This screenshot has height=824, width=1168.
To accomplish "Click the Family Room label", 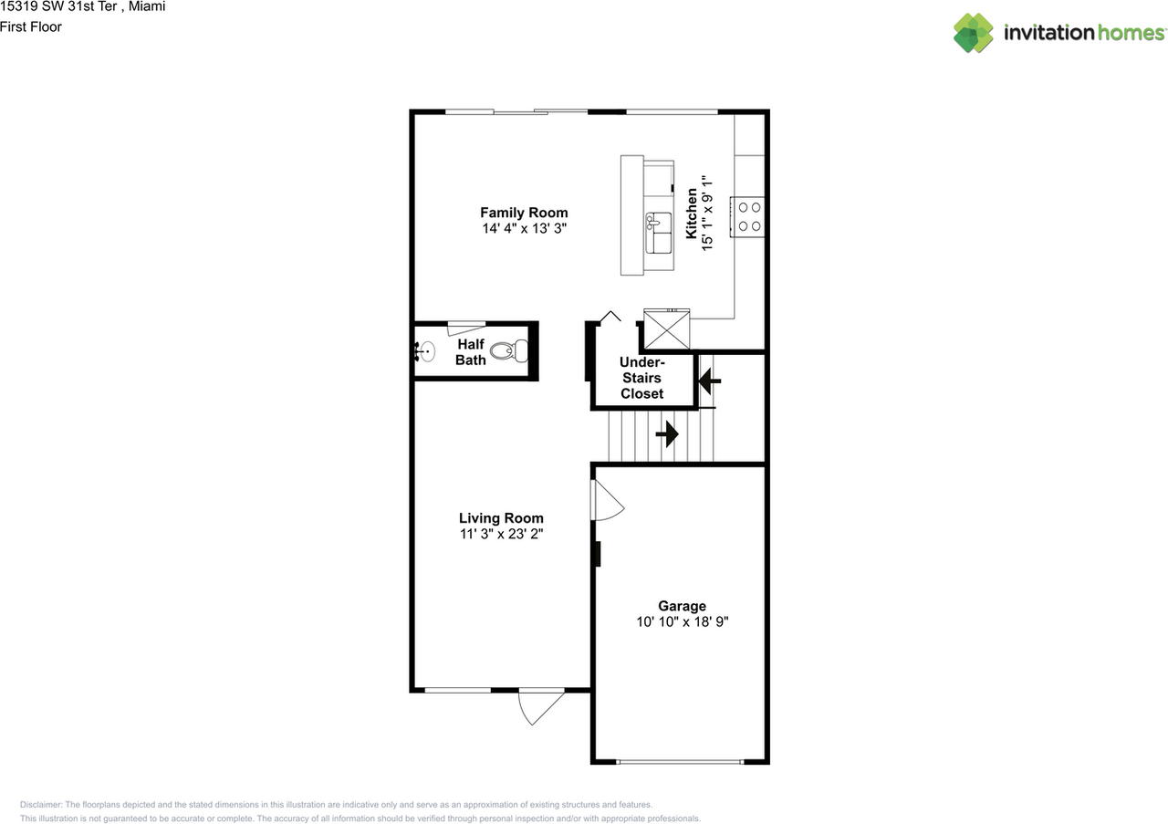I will pos(524,213).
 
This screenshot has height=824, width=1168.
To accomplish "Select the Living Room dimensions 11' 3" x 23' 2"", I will pos(501,534).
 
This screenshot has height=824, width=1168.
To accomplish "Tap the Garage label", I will pos(682,606).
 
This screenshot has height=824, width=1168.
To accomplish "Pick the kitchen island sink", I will pos(657,222).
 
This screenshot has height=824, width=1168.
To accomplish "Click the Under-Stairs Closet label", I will pos(641,378).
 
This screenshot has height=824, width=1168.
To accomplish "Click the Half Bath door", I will pos(466,329).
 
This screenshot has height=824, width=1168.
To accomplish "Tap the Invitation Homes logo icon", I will pos(973,33).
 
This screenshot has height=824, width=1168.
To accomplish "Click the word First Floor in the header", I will pos(31,26).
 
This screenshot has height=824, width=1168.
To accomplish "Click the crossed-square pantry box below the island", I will pos(666,329).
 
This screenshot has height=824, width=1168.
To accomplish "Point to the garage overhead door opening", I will pos(681,761).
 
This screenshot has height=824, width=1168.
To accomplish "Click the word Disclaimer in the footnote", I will pos(41,805).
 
